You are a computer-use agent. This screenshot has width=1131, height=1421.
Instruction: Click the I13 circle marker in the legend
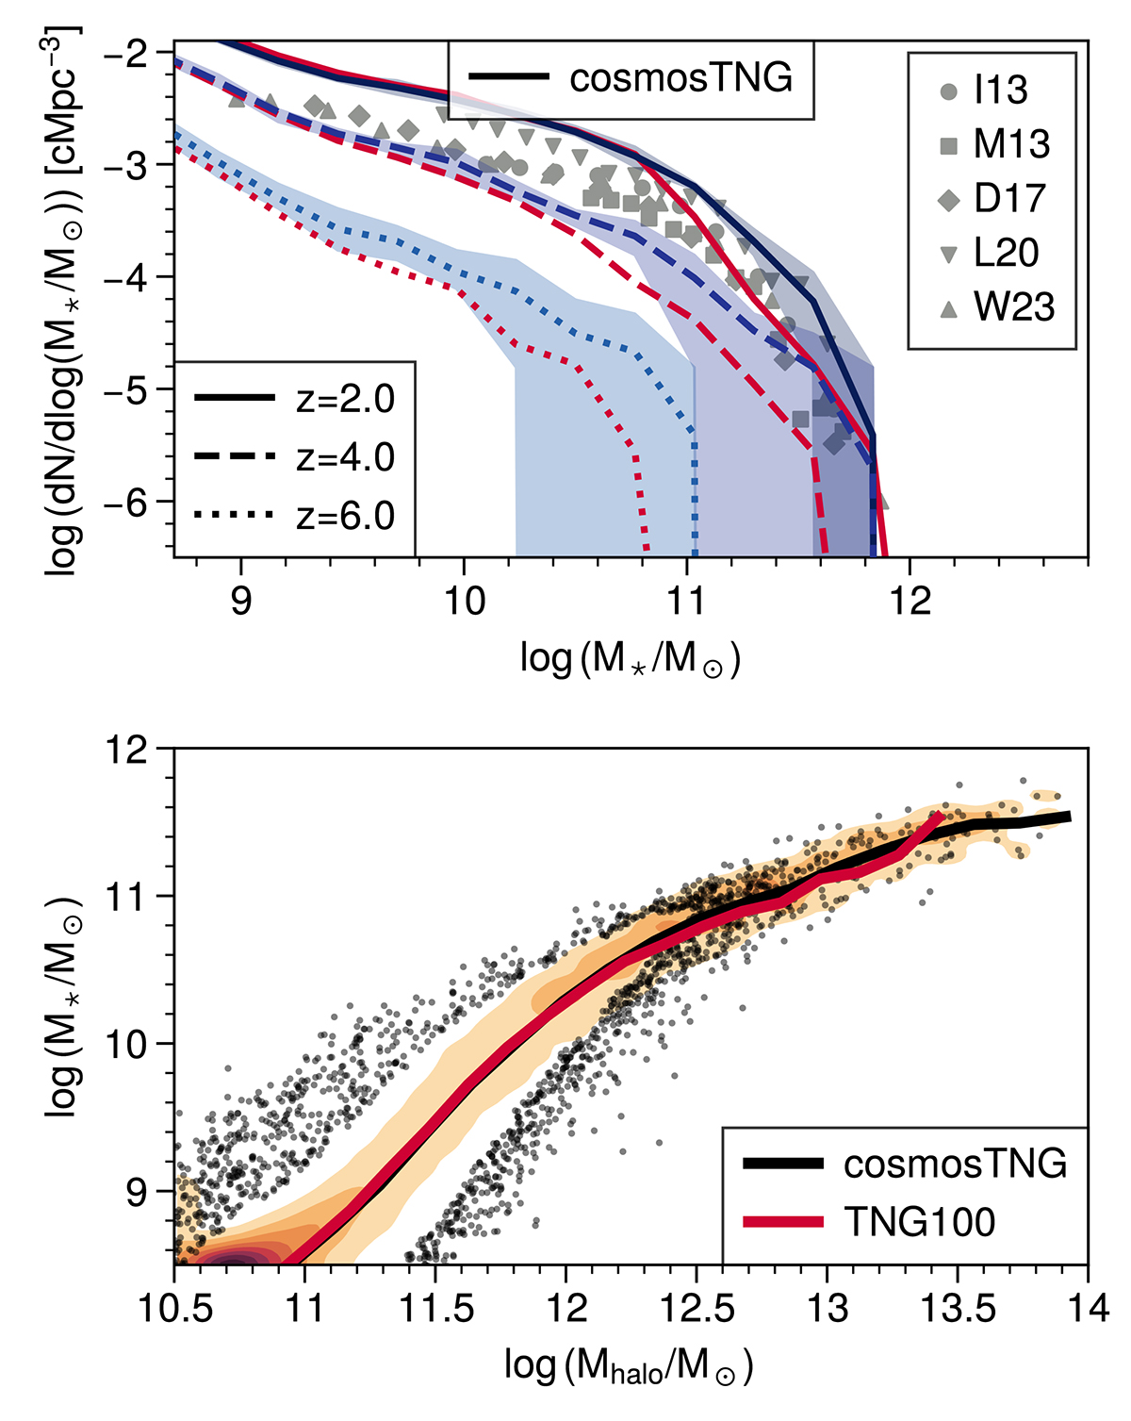(949, 91)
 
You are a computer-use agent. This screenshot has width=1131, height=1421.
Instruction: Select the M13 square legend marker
(949, 145)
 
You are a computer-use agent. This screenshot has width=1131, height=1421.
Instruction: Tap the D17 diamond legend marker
(949, 200)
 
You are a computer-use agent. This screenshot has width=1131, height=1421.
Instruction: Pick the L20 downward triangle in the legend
(949, 255)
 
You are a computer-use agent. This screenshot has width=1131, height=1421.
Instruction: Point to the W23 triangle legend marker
(949, 308)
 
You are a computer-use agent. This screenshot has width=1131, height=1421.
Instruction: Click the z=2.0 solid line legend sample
(235, 399)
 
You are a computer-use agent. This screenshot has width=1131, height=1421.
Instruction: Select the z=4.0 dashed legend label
(345, 457)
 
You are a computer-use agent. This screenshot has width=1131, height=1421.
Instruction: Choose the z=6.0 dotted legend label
(345, 516)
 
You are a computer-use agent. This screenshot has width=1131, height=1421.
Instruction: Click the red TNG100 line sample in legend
(783, 1222)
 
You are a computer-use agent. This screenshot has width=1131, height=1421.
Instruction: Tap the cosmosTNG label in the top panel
(680, 78)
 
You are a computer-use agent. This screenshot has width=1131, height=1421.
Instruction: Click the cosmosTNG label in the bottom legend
(955, 1164)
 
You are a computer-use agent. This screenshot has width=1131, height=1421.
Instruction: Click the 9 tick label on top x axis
(241, 601)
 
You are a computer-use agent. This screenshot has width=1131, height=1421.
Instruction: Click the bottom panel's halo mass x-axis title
(629, 1364)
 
